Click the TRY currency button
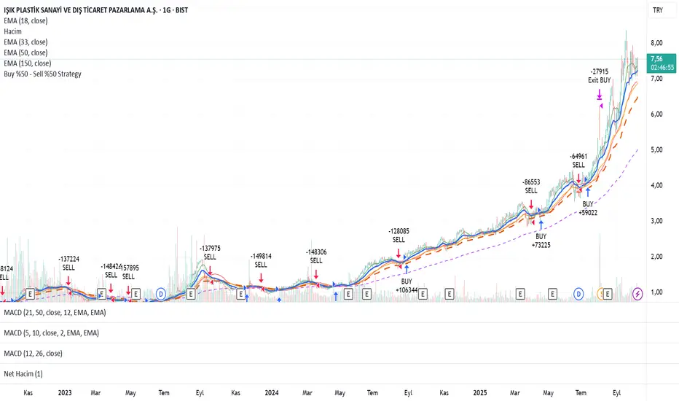(658, 11)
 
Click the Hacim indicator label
(14, 32)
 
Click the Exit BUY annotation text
(600, 80)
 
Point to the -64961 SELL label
(579, 160)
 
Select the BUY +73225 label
(541, 241)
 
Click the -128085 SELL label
(399, 235)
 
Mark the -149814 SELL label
(261, 260)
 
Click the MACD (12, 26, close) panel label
(34, 354)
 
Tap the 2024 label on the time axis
(272, 392)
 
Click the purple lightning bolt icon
(638, 293)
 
